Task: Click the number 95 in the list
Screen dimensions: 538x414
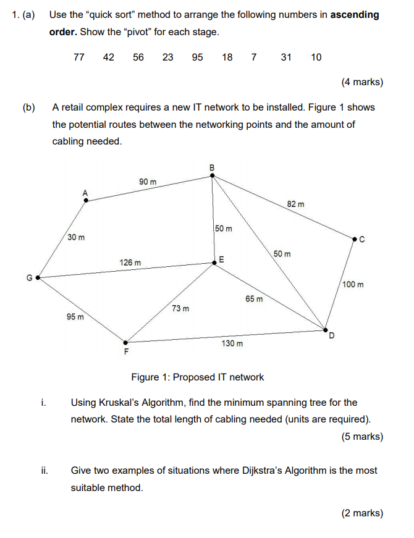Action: [198, 57]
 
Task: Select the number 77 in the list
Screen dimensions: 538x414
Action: [79, 57]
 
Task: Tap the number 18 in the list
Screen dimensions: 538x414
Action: [227, 57]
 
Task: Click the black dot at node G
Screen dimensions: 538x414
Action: [38, 278]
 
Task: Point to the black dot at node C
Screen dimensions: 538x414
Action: [355, 238]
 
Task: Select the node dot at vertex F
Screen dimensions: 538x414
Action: [126, 342]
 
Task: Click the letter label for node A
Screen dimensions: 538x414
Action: [86, 193]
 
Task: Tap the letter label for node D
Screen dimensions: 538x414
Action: [331, 336]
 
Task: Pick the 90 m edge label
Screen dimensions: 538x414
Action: [148, 182]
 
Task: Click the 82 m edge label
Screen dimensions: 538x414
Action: [295, 203]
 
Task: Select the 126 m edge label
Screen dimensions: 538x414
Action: [130, 263]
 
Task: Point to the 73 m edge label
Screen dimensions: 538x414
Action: [180, 308]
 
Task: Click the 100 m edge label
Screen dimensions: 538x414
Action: [353, 285]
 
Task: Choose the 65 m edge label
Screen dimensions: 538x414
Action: [254, 299]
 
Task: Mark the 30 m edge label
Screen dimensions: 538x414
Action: [77, 237]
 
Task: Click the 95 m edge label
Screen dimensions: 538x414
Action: [75, 317]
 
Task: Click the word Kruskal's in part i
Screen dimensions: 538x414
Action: [119, 403]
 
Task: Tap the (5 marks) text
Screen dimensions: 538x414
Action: [362, 437]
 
